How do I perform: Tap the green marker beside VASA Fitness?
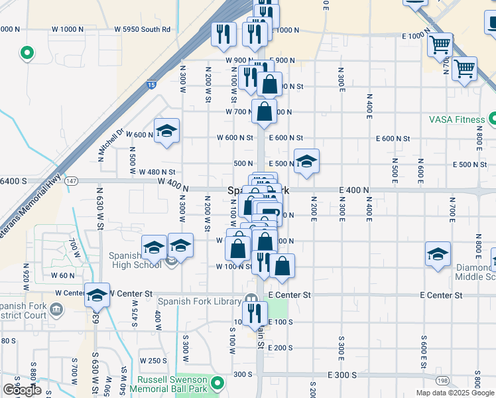493,119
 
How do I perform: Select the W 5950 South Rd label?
142,29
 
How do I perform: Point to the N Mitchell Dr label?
111,145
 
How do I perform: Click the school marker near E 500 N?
306,161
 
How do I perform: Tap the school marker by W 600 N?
166,131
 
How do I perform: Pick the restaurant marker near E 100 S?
255,314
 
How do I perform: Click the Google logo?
23,390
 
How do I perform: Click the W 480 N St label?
157,172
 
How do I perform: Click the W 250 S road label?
153,360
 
